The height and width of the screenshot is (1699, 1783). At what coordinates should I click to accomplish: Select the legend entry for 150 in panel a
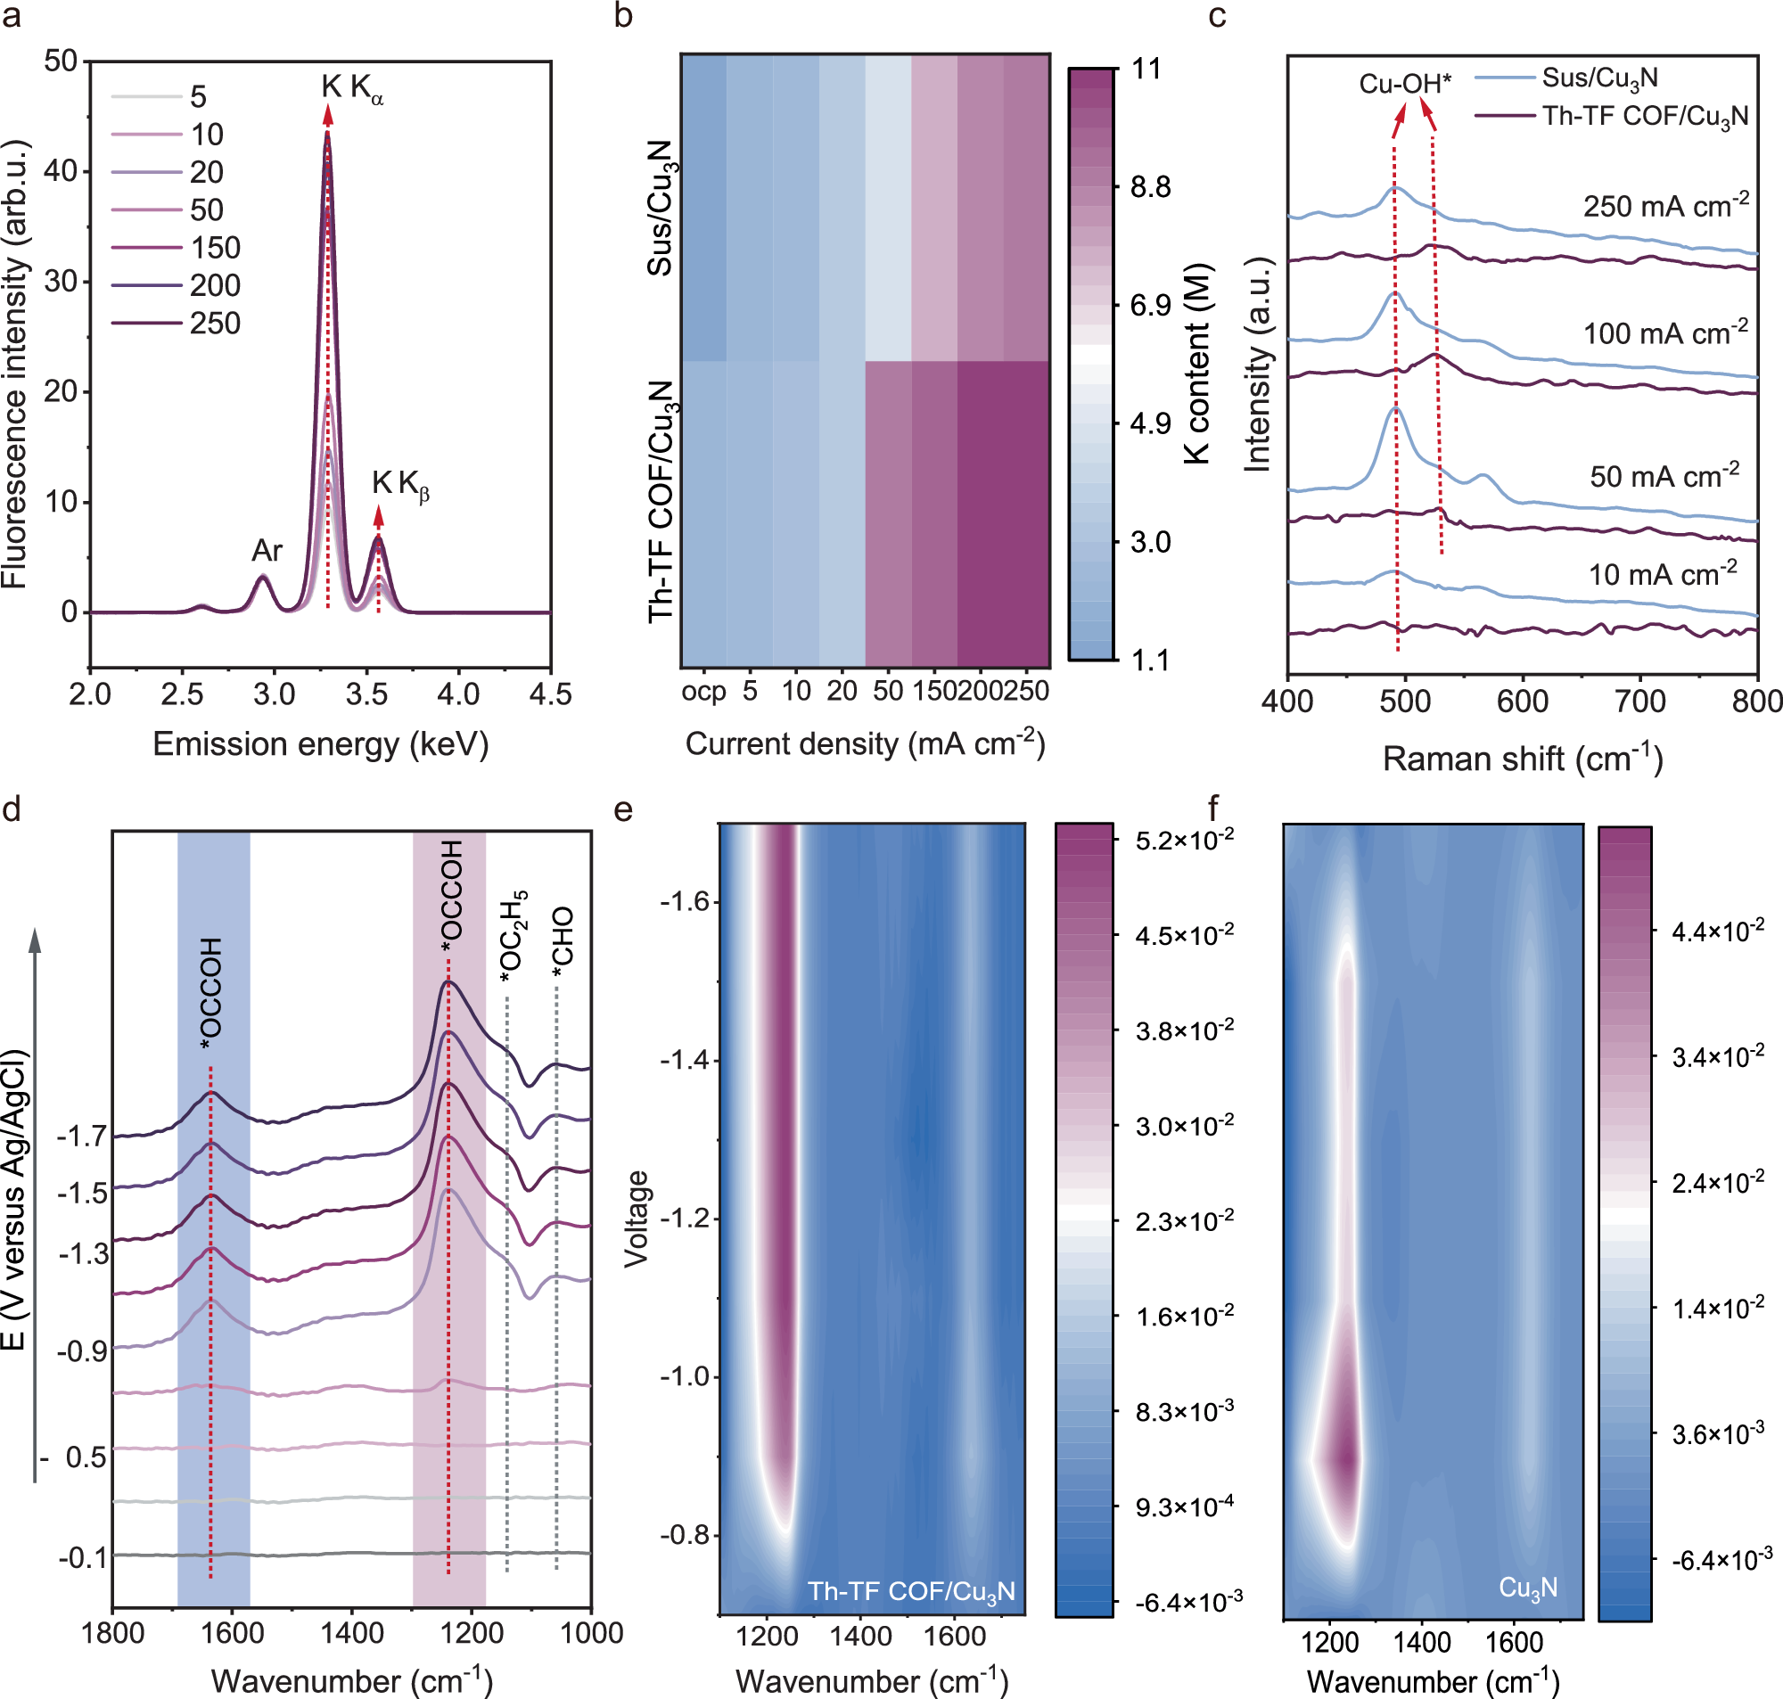tap(215, 247)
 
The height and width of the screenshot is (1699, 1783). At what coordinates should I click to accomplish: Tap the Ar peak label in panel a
tap(267, 550)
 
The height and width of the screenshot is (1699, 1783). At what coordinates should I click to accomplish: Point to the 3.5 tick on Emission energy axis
tap(366, 694)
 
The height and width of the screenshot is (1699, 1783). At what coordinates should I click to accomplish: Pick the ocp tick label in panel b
tap(703, 692)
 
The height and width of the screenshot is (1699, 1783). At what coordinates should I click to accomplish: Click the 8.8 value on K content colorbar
tap(1150, 187)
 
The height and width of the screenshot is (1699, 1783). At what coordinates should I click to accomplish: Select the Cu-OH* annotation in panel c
tap(1404, 84)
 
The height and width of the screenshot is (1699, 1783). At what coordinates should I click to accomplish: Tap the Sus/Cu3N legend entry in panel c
tap(1599, 78)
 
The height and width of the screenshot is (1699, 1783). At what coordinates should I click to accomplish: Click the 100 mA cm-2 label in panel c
tap(1664, 332)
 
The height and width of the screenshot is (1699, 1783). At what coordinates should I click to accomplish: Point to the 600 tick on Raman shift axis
tap(1522, 701)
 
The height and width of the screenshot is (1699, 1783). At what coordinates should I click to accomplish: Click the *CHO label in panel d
tap(563, 942)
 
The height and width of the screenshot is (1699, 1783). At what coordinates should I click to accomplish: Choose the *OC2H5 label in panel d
tap(514, 937)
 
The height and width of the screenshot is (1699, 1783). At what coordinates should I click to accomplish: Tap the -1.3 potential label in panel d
tap(83, 1253)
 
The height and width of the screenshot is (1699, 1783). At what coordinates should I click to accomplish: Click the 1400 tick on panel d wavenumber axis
tap(352, 1632)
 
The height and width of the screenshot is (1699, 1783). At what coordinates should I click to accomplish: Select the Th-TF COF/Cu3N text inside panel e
tap(910, 1592)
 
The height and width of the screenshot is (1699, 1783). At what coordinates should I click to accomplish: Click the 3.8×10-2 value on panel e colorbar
tap(1184, 1030)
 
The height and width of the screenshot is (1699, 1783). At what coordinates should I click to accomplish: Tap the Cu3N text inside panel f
tap(1528, 1588)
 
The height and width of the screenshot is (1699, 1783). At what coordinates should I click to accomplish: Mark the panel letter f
tap(1213, 807)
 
